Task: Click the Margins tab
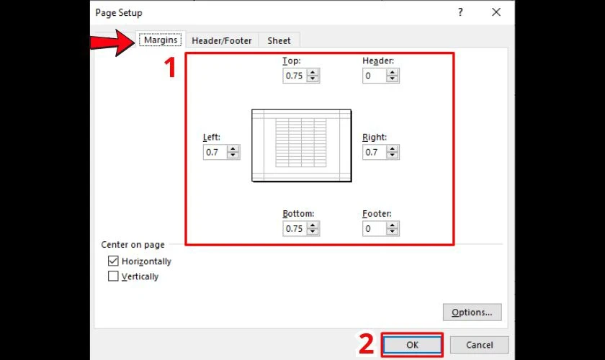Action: coord(160,40)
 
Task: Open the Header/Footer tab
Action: coord(222,41)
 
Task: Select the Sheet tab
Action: coord(279,41)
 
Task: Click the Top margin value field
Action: coord(294,76)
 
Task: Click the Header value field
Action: coord(374,76)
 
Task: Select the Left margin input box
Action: coord(215,152)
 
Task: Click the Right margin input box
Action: coord(374,152)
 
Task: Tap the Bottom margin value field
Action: coord(294,228)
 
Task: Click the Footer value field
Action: coord(374,228)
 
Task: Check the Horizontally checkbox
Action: coord(113,261)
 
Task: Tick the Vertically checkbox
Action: coord(113,276)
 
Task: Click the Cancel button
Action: coord(480,345)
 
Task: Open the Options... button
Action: coord(472,312)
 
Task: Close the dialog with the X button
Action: coord(496,12)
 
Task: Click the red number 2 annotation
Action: coord(367,344)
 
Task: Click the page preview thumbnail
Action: coord(301,145)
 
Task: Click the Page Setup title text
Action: coord(119,13)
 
